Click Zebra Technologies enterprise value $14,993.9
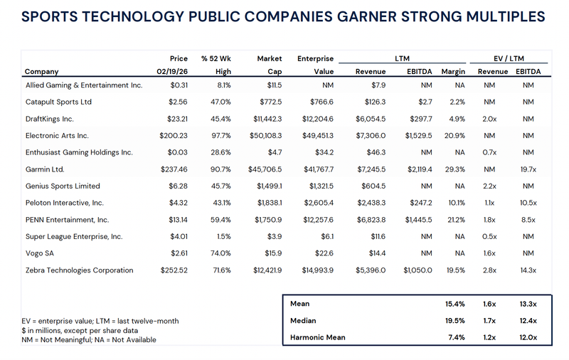coord(307,270)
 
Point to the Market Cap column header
coord(270,65)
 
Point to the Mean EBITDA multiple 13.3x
coord(526,304)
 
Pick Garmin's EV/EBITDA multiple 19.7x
coord(526,169)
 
